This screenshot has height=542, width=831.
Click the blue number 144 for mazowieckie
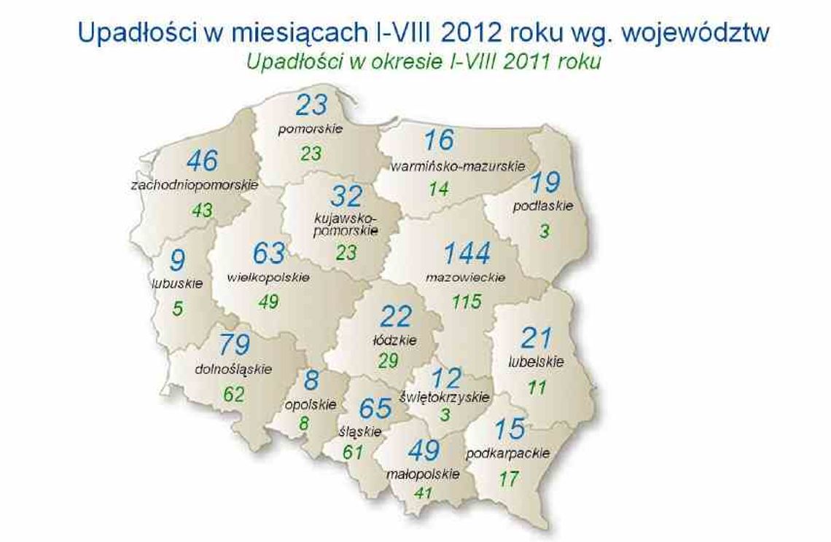click(x=467, y=254)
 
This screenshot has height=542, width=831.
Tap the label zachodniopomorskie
click(x=195, y=185)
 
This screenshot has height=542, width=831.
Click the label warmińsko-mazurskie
click(x=458, y=166)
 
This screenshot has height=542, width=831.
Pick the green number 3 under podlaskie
click(x=542, y=231)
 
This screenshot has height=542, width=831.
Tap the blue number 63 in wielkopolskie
click(x=269, y=254)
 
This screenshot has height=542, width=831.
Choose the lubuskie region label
click(x=177, y=283)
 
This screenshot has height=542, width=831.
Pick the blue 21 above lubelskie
click(x=537, y=337)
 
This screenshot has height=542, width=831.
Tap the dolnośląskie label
click(x=233, y=369)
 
